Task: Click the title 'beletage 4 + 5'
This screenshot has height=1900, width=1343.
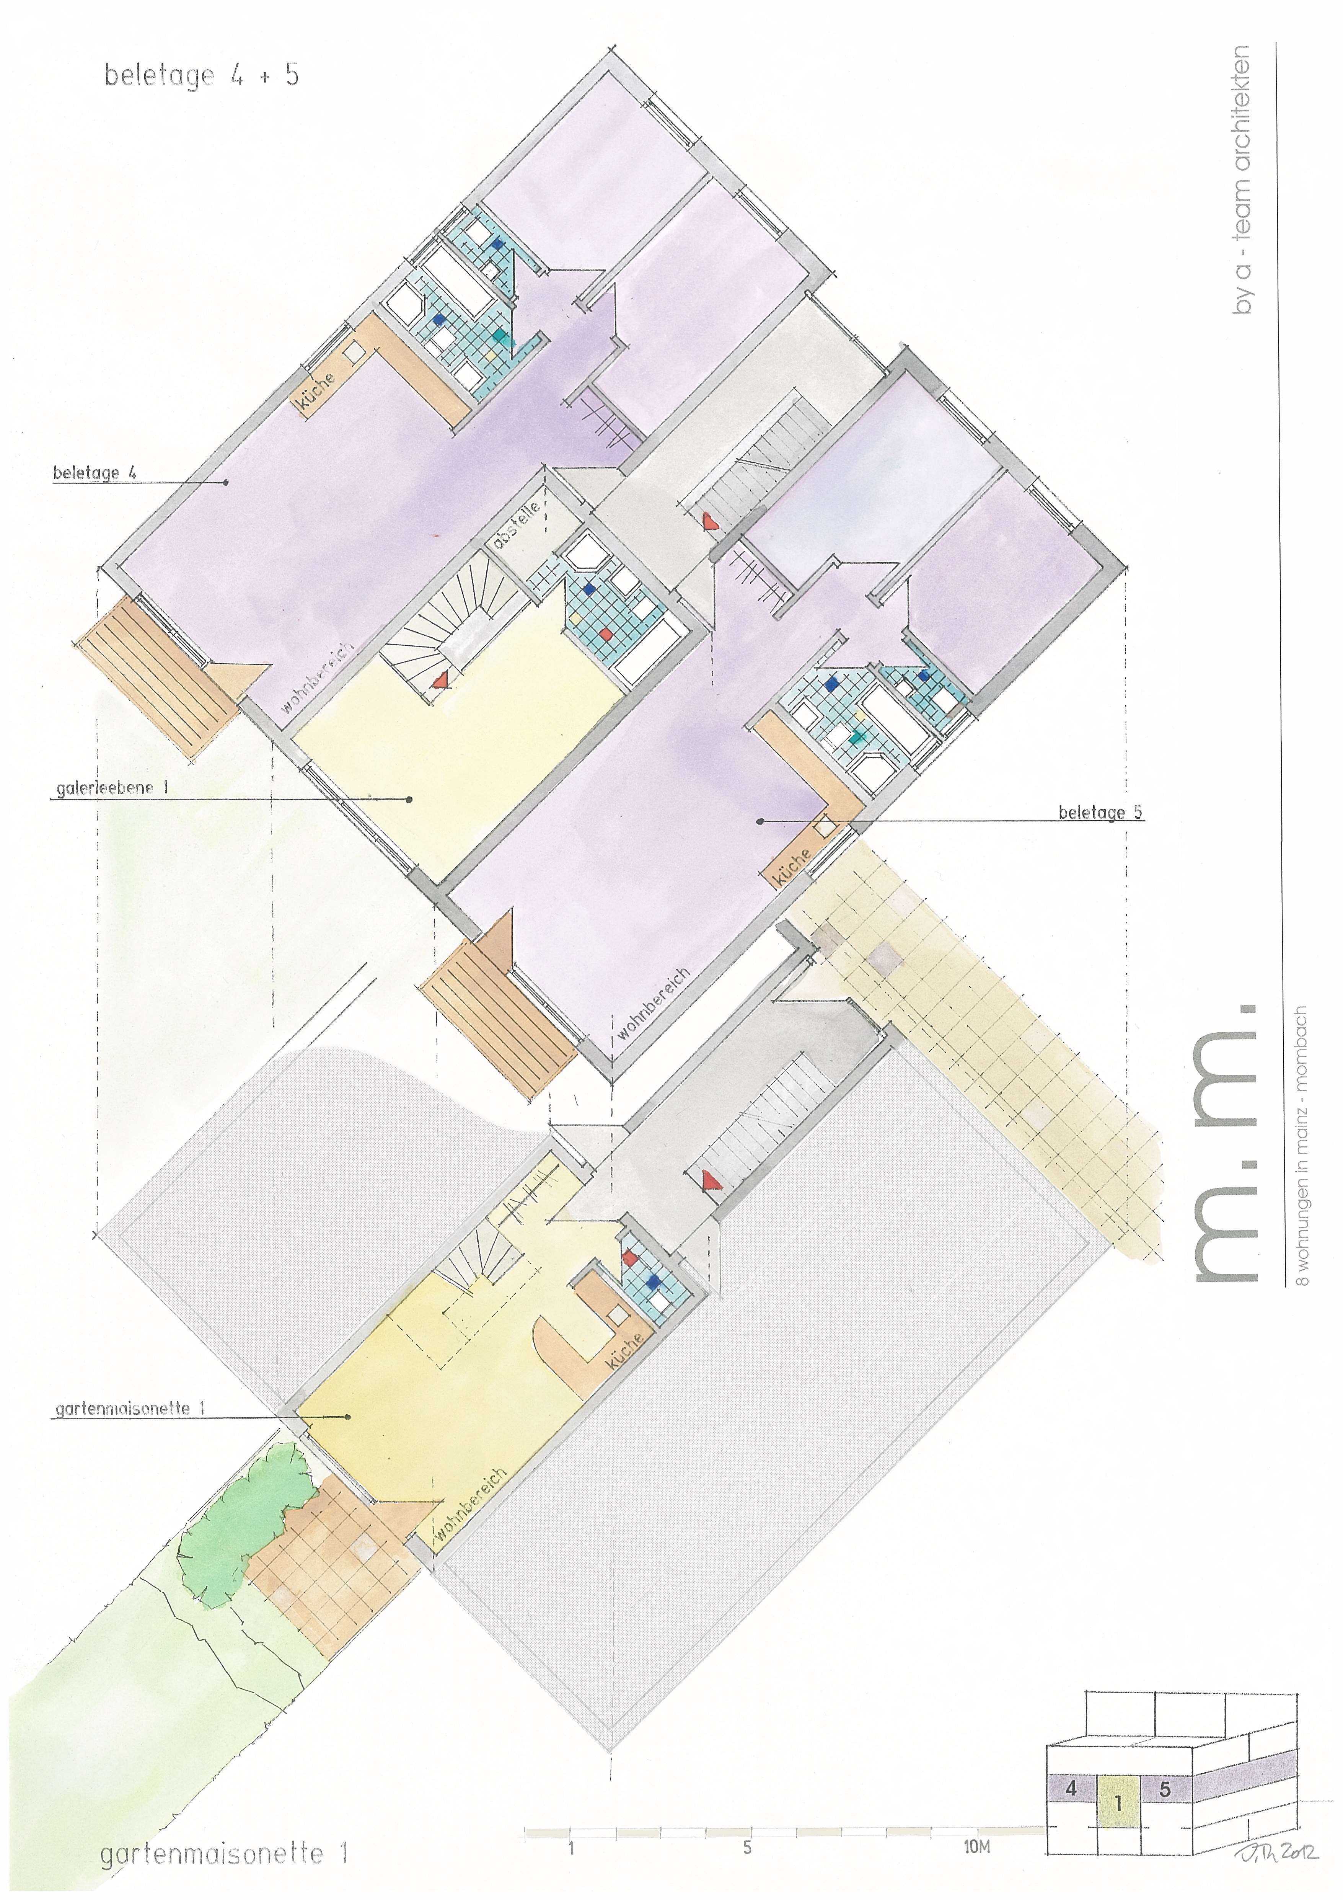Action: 201,75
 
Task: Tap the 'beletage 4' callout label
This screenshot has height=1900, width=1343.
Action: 95,473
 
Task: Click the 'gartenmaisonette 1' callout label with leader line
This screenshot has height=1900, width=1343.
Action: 130,1409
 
